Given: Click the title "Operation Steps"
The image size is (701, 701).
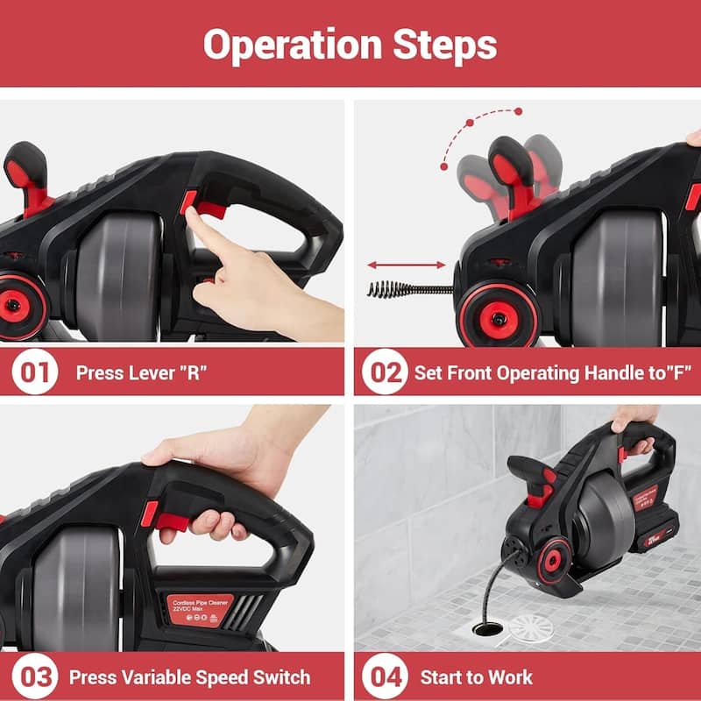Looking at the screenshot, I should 350,44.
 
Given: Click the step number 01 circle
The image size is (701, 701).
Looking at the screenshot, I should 34,372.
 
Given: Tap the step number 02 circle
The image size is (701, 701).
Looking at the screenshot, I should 386,372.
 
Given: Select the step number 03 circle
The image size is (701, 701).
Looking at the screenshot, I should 34,676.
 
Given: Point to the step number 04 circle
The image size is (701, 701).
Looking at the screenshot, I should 386,676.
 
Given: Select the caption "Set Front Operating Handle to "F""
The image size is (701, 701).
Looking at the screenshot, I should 553,372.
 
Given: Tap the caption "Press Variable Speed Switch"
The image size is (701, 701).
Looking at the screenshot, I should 189,676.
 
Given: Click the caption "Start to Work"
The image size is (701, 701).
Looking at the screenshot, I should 476,676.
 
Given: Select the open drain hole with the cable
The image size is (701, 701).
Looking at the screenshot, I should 484,627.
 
